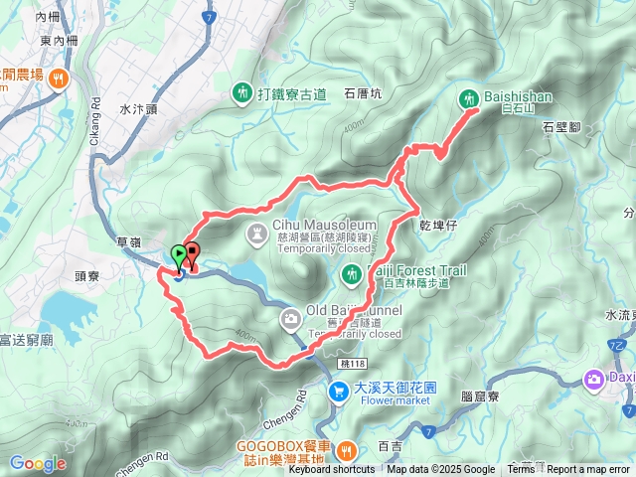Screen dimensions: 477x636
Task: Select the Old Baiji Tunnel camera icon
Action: pyautogui.click(x=290, y=319)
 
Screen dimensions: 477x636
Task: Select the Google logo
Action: pyautogui.click(x=37, y=463)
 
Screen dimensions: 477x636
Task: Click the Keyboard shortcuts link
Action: pyautogui.click(x=332, y=470)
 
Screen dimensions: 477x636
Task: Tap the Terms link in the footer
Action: pyautogui.click(x=521, y=470)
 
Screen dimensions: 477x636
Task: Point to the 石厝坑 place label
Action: pyautogui.click(x=363, y=95)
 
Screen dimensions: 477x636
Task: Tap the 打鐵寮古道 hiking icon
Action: pyautogui.click(x=242, y=94)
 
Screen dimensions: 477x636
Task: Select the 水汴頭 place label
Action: pyautogui.click(x=138, y=109)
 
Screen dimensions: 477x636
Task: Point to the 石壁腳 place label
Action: pyautogui.click(x=561, y=127)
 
